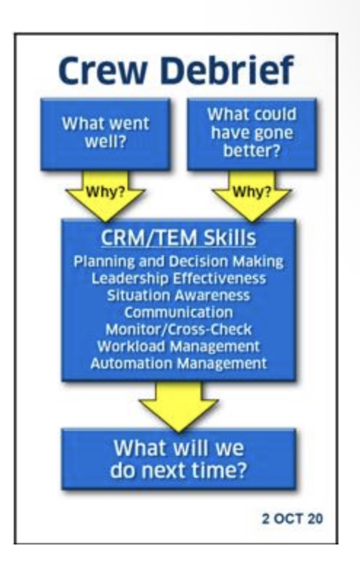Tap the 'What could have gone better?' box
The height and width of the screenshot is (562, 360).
pos(252,133)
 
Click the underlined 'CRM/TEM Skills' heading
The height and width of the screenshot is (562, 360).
pos(179,238)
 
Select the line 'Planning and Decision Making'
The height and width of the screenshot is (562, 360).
pos(179,261)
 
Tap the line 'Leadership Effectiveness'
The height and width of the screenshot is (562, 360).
pos(179,278)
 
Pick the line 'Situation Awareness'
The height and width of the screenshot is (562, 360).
pos(179,295)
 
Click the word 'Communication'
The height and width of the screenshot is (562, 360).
pos(179,312)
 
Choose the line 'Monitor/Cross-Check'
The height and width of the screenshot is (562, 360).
pos(179,329)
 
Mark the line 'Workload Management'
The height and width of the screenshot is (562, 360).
pos(179,346)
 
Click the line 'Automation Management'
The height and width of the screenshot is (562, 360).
pos(179,363)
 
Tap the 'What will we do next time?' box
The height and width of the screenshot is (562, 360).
pos(179,459)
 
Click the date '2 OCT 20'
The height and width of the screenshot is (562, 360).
pos(292,519)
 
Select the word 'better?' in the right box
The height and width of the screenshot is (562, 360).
pos(252,151)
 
